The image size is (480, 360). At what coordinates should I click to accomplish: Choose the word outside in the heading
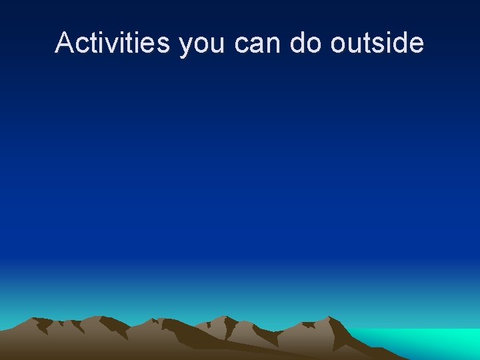point(377,43)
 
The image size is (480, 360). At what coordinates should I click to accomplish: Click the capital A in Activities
point(64,43)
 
